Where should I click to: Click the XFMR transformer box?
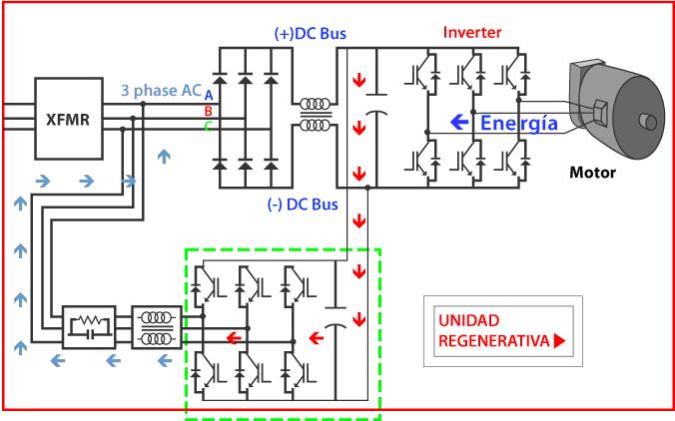[x=69, y=119]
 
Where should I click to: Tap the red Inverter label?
[x=472, y=32]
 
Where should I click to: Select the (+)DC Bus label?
[x=311, y=34]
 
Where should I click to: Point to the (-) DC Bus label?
[x=303, y=205]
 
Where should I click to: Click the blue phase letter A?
[x=209, y=96]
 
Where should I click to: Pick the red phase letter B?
[x=209, y=112]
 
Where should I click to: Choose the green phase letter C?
[x=209, y=127]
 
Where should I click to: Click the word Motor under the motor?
[x=592, y=173]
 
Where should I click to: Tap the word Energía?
[x=519, y=123]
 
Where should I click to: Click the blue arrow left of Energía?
[x=459, y=122]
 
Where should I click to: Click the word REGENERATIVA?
[x=494, y=341]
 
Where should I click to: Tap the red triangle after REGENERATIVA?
[x=559, y=341]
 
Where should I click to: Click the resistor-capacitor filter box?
[x=89, y=327]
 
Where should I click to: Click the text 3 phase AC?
[x=162, y=91]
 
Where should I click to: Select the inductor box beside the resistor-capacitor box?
[x=157, y=327]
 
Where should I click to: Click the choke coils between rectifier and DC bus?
[x=316, y=115]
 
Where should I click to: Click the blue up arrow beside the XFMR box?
[x=164, y=157]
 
